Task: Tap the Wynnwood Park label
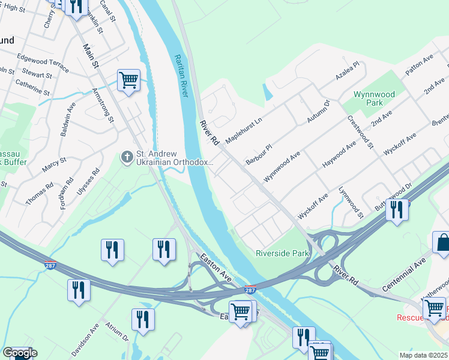(374, 98)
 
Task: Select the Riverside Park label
(282, 253)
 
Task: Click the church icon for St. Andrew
(127, 157)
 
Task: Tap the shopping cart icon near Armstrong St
(128, 80)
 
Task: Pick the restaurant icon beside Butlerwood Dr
(397, 210)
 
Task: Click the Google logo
(20, 353)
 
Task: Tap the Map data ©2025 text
(423, 355)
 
